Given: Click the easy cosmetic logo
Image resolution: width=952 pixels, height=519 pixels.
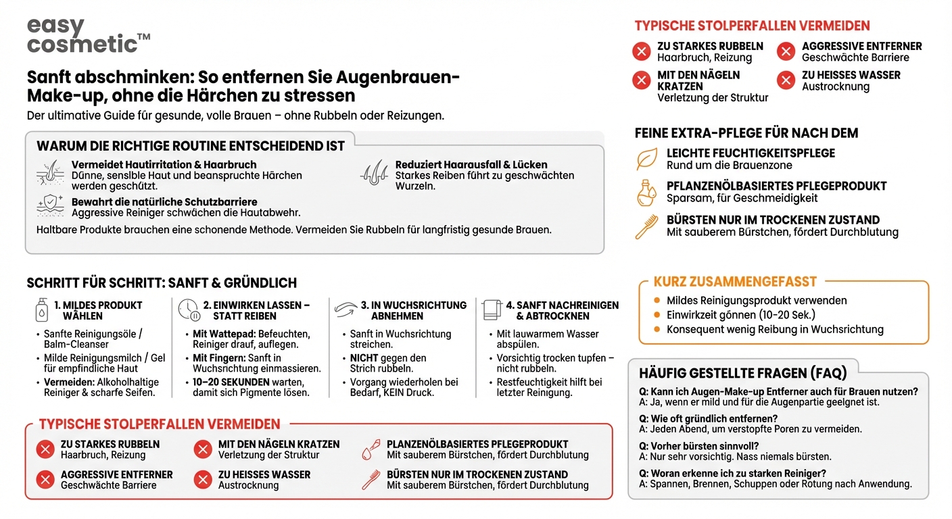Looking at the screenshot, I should point(88,36).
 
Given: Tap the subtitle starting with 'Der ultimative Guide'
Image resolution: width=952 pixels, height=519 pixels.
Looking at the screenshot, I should point(235,116).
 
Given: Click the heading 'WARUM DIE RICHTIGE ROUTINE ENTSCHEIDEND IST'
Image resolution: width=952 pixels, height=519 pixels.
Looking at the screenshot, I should point(191,146).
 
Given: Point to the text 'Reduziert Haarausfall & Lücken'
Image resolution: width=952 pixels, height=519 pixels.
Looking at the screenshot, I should point(471,164).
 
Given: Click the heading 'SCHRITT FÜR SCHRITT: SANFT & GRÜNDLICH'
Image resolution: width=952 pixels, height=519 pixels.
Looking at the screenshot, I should point(162,282).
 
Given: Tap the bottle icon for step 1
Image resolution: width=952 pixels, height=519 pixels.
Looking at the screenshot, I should point(42,310).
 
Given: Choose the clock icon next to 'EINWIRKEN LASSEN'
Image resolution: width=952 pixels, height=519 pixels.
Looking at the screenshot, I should point(189,310).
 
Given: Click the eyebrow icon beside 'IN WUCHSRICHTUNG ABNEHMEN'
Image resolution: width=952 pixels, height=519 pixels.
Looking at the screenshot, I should point(345,310).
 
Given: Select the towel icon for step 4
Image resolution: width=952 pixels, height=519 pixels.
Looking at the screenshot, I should point(492,310).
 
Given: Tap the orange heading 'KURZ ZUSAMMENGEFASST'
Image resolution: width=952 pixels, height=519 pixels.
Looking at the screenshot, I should point(735,282).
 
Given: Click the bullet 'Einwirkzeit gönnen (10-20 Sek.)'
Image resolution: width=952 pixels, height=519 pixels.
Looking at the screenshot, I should point(741,315).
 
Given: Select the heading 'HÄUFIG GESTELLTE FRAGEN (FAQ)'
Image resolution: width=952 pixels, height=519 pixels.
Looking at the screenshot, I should point(742,372).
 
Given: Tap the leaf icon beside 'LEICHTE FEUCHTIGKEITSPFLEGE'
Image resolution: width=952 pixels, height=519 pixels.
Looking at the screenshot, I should point(646,159).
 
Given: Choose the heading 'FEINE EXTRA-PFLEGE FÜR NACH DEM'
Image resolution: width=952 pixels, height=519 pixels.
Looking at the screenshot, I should point(746,133).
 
